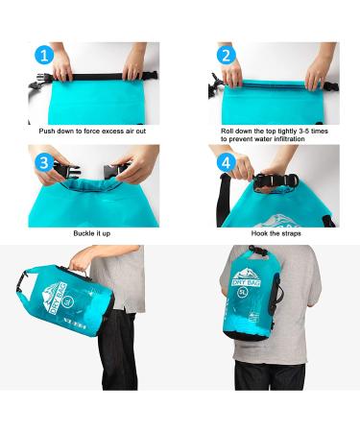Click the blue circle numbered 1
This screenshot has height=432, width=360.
coord(42,56)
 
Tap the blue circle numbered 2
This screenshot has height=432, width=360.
coord(228,56)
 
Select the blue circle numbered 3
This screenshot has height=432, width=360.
coord(42,163)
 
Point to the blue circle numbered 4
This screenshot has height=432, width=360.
coord(228,163)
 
